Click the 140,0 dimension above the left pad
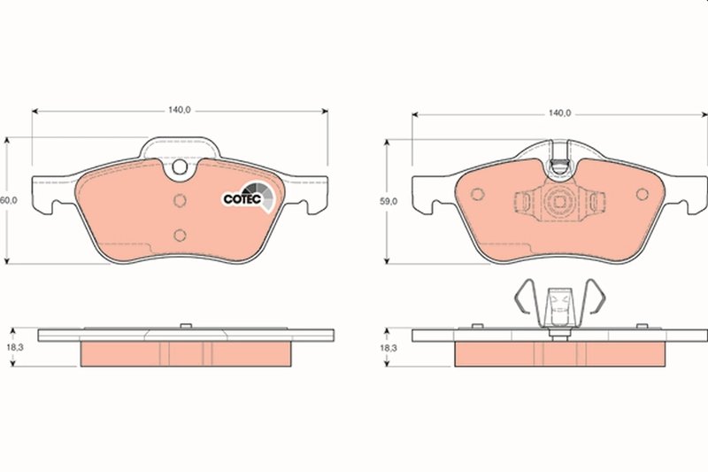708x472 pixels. pyautogui.click(x=179, y=110)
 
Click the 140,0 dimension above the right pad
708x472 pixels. pyautogui.click(x=558, y=113)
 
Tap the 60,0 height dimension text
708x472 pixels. pyautogui.click(x=10, y=201)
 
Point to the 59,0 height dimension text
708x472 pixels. pyautogui.click(x=389, y=201)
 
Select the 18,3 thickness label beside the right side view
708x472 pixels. pyautogui.click(x=389, y=349)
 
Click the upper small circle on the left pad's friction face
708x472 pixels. pyautogui.click(x=179, y=199)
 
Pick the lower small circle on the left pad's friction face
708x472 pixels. pyautogui.click(x=180, y=235)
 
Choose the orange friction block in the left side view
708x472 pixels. pyautogui.click(x=186, y=354)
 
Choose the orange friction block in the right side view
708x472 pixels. pyautogui.click(x=559, y=354)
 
